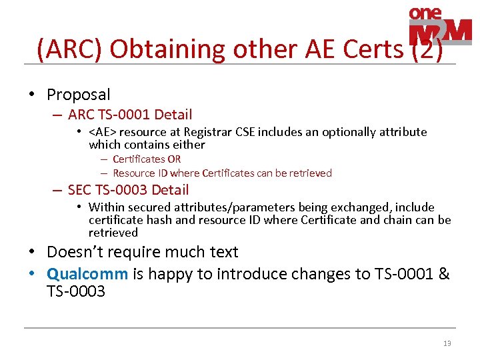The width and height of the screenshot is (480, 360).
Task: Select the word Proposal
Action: tap(78, 95)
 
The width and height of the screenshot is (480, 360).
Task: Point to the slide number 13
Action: tap(447, 343)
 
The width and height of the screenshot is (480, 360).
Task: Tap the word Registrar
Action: tap(209, 132)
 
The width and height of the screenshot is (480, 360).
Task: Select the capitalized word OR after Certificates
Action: tap(174, 159)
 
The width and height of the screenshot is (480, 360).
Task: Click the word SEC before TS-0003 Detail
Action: tap(81, 190)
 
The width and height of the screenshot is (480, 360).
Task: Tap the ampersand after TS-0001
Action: tap(445, 274)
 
